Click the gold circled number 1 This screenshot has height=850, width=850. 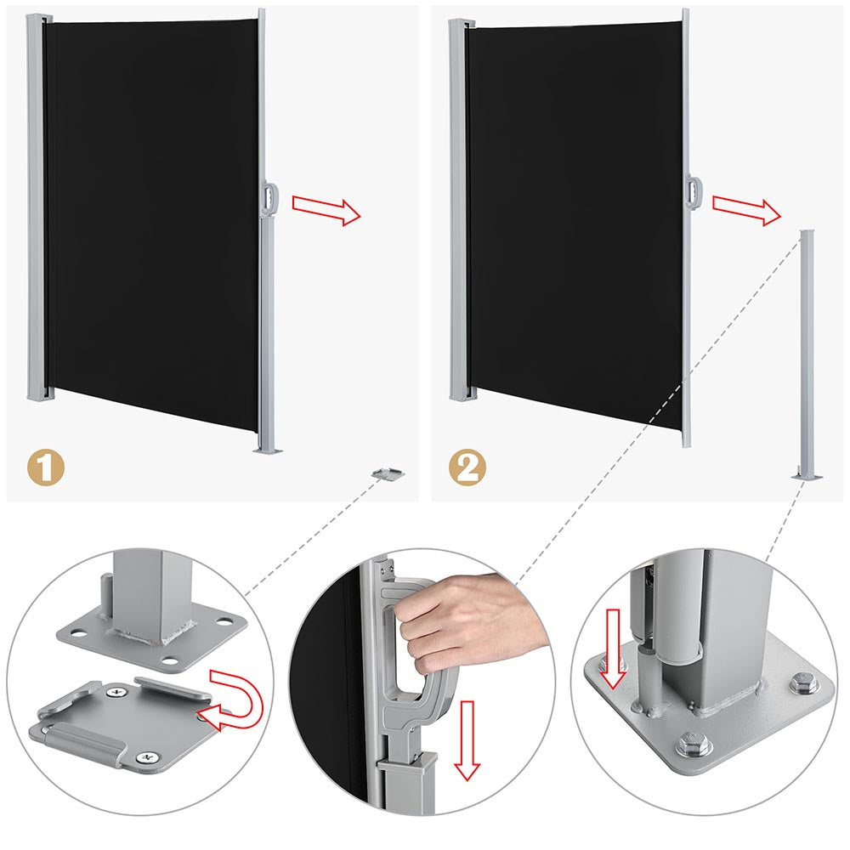[46, 467]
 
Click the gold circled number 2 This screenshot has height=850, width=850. [467, 467]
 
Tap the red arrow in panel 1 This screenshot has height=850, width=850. [326, 210]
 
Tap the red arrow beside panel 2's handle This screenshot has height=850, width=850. [746, 210]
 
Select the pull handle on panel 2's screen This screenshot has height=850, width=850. [694, 192]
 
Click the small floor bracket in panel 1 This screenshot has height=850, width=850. [388, 473]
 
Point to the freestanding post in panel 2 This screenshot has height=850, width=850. [807, 355]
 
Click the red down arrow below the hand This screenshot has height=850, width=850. [467, 740]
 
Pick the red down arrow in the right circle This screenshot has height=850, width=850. [613, 649]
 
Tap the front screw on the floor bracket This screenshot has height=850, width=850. [145, 758]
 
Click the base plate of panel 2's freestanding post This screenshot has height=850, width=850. [807, 477]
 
